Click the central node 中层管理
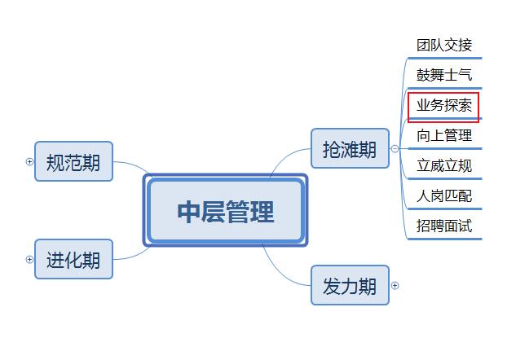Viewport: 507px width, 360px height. [225, 211]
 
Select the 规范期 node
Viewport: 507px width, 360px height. [73, 161]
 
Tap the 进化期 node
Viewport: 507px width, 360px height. [73, 259]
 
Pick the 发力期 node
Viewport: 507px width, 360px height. [350, 285]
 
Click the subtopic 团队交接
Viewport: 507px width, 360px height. [444, 46]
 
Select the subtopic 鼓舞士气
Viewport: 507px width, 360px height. [444, 76]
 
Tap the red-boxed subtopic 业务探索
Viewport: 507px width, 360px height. [443, 106]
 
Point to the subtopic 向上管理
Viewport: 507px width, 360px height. [444, 136]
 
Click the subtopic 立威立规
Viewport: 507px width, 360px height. [444, 166]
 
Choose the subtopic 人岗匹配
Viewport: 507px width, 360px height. [444, 195]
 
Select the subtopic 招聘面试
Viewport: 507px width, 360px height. [444, 226]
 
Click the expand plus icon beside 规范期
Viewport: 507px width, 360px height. [30, 161]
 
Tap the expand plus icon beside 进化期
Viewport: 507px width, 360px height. [30, 259]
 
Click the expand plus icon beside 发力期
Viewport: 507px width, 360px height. [395, 285]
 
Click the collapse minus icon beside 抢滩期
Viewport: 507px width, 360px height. [395, 148]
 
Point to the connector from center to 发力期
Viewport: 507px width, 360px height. [281, 269]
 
